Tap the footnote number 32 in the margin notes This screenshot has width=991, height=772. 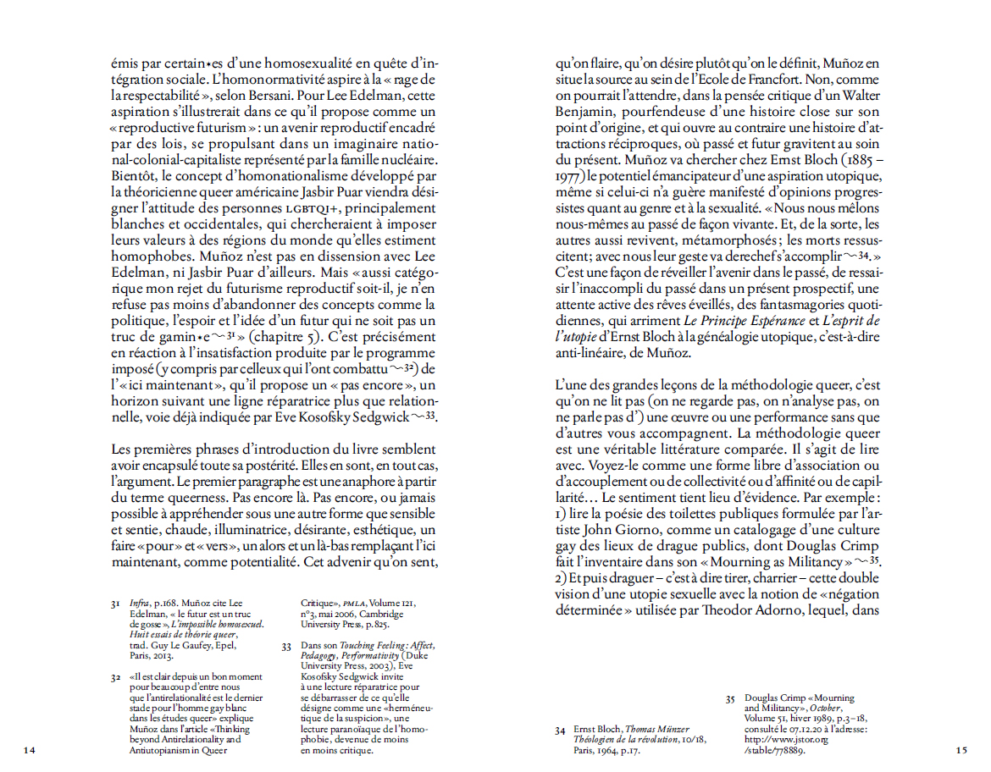click(x=116, y=677)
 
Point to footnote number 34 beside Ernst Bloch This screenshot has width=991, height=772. click(x=560, y=729)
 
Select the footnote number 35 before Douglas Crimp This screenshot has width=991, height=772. click(x=730, y=698)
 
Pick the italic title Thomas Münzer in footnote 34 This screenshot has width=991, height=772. click(x=659, y=729)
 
